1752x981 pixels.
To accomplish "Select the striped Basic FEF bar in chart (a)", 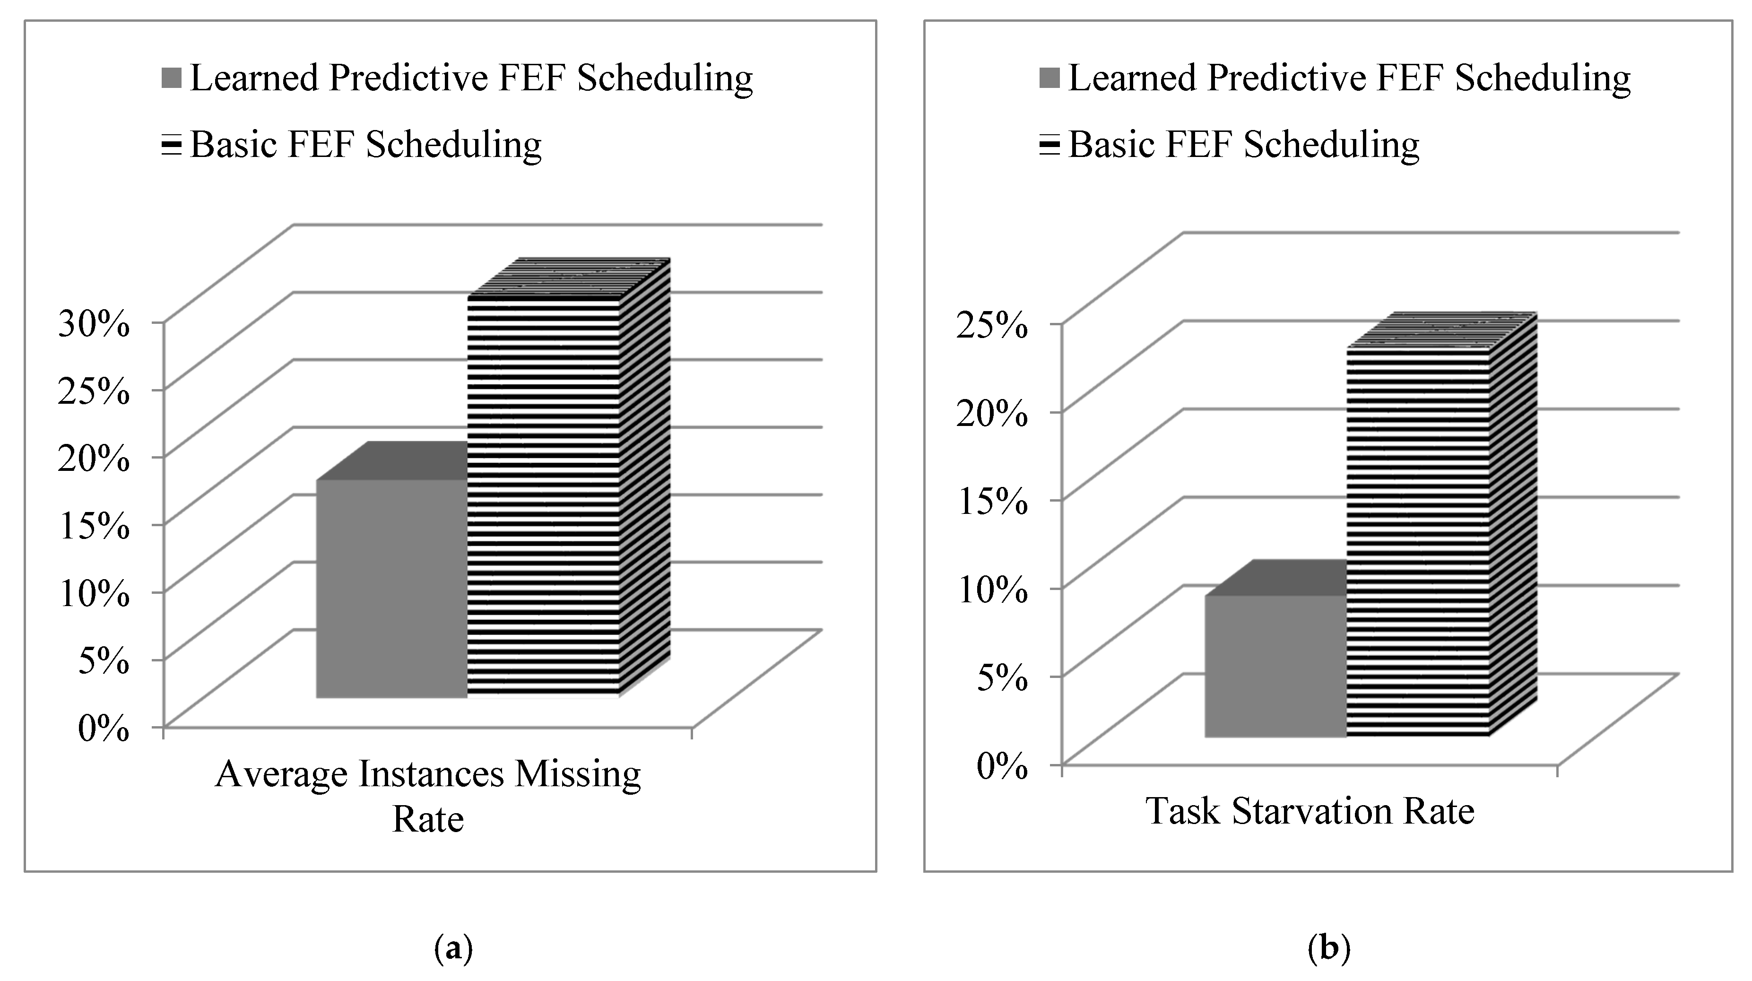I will [544, 496].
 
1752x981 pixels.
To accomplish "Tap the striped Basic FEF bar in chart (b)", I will [1418, 544].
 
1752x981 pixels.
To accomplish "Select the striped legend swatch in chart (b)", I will [1049, 146].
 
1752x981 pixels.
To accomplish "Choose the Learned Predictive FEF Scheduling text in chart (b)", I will [1349, 78].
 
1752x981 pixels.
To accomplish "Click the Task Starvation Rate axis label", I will [1310, 811].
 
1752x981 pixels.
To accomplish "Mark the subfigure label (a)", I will [452, 947].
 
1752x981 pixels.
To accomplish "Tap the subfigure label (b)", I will [1328, 947].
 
